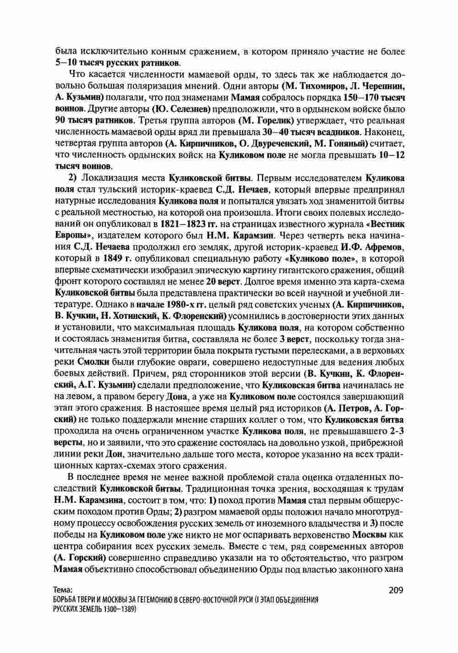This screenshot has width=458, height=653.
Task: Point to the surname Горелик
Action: (274, 121)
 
